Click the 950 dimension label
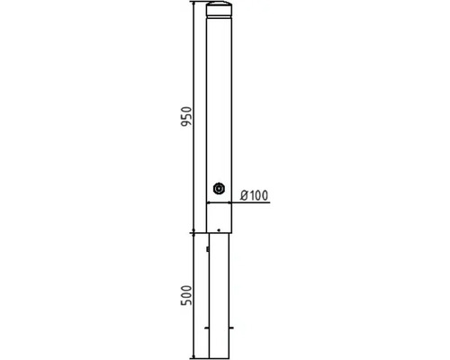coord(186,116)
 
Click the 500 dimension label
coord(186,295)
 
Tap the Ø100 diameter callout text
coord(254,195)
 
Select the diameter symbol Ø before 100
coord(245,195)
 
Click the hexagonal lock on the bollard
coord(219,189)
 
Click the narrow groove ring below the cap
coord(219,15)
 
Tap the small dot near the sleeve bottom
coord(219,230)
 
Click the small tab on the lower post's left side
coord(208,248)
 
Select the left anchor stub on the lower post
coord(207,328)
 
